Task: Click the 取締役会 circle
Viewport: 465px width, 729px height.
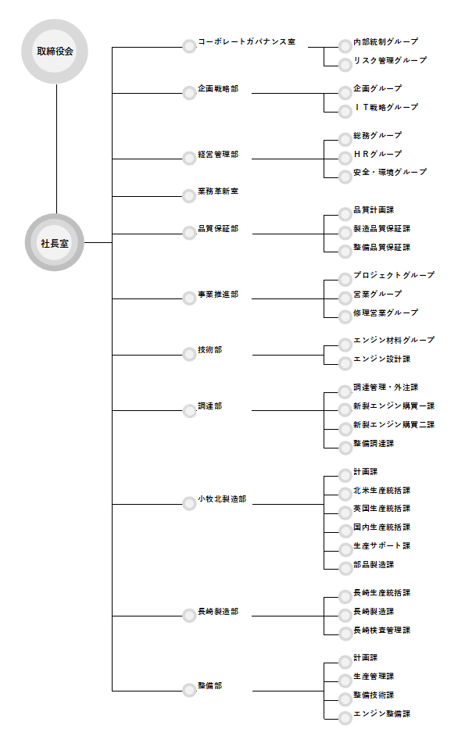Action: pyautogui.click(x=55, y=51)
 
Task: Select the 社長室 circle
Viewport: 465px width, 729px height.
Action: pyautogui.click(x=55, y=243)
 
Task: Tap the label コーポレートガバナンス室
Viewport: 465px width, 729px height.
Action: pyautogui.click(x=246, y=42)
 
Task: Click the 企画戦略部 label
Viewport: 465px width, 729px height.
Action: pyautogui.click(x=218, y=88)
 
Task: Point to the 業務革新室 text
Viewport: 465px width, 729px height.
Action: pyautogui.click(x=218, y=191)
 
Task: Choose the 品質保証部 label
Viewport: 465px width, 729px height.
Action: pyautogui.click(x=218, y=229)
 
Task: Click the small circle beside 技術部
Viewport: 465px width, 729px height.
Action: pyautogui.click(x=189, y=355)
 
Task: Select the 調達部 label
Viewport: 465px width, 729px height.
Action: pyautogui.click(x=210, y=406)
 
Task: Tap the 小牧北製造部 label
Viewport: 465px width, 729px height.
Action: pyautogui.click(x=222, y=499)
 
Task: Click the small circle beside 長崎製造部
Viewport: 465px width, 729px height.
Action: pyautogui.click(x=189, y=616)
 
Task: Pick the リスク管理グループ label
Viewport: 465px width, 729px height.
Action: pyautogui.click(x=390, y=60)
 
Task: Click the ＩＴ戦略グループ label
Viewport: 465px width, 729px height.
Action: pyautogui.click(x=385, y=107)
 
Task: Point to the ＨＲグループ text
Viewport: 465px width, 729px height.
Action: pyautogui.click(x=377, y=154)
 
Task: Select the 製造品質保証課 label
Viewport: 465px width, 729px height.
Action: pyautogui.click(x=381, y=229)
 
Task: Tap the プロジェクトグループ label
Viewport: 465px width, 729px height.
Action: pyautogui.click(x=394, y=275)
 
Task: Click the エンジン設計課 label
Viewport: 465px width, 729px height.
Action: pyautogui.click(x=381, y=359)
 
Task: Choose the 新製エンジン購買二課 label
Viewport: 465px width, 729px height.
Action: pyautogui.click(x=394, y=424)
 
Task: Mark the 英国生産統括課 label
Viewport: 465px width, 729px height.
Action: pyautogui.click(x=381, y=509)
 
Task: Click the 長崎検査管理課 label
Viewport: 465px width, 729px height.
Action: pyautogui.click(x=381, y=630)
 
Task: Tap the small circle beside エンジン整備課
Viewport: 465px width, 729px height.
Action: pyautogui.click(x=345, y=718)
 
